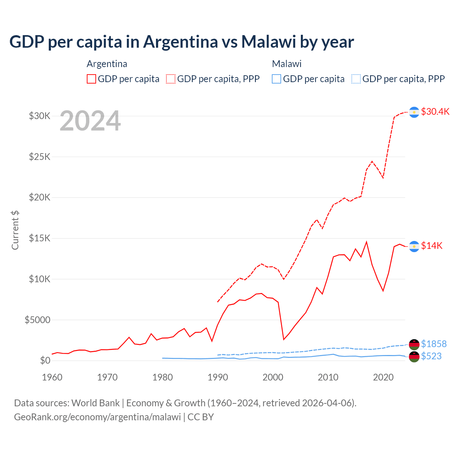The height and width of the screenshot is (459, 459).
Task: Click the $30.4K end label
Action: click(435, 112)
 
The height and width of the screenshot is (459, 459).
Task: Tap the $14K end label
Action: click(431, 246)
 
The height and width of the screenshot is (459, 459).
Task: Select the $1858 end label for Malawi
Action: click(434, 344)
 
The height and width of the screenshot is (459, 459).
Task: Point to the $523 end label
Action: click(431, 356)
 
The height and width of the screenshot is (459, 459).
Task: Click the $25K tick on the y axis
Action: click(39, 157)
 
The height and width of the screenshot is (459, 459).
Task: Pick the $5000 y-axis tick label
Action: click(37, 320)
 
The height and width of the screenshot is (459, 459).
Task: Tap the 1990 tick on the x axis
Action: click(218, 377)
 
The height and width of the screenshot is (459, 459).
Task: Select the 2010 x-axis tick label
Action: click(328, 377)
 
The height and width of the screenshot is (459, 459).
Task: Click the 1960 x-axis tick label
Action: click(52, 377)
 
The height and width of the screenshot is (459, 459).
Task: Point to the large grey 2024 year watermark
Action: click(90, 121)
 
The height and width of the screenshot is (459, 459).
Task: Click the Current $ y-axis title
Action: click(15, 230)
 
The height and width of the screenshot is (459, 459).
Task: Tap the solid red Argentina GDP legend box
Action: click(91, 79)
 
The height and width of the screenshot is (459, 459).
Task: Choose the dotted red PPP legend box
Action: click(171, 79)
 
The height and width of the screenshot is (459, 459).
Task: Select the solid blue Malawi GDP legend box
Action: click(276, 79)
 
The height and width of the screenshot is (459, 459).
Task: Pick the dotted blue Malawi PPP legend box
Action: click(356, 79)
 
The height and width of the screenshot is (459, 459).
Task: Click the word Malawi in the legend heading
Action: click(287, 64)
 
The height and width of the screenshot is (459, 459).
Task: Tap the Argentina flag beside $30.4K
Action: click(414, 112)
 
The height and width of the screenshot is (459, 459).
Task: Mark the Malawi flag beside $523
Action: click(414, 357)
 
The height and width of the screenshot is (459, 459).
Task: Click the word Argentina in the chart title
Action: click(180, 42)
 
